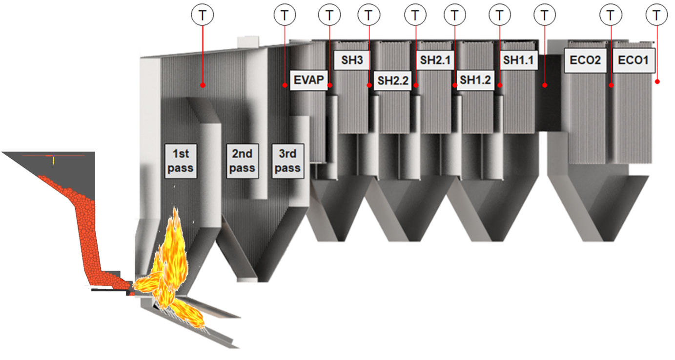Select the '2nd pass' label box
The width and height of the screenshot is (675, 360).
click(242, 161)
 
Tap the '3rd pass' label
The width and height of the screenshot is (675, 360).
click(287, 161)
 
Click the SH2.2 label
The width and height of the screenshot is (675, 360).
click(393, 81)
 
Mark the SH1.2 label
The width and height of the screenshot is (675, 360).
click(475, 81)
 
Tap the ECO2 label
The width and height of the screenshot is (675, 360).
click(585, 60)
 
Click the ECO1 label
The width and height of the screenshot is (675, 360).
click(633, 60)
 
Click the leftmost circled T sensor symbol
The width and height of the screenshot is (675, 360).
click(202, 15)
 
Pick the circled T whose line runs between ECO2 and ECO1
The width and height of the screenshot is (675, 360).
click(610, 15)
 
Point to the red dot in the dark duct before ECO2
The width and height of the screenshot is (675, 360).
click(545, 85)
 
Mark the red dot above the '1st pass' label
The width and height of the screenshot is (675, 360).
click(202, 85)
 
